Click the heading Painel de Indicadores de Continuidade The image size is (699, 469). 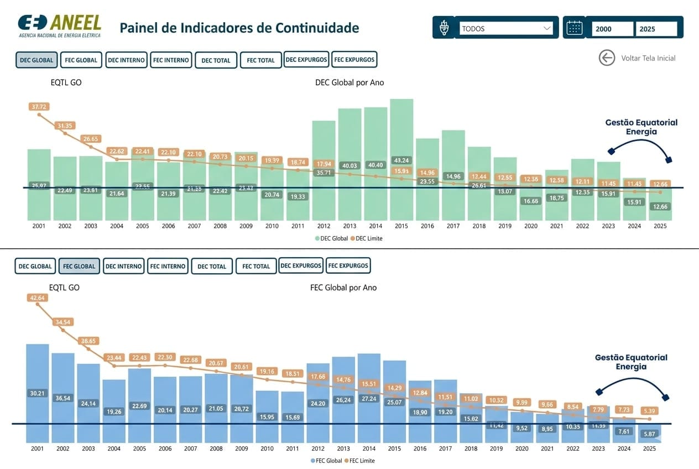[x=239, y=28]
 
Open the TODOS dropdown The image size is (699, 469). [x=506, y=28]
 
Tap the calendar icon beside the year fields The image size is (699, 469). [x=575, y=28]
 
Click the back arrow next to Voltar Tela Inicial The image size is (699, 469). [x=607, y=58]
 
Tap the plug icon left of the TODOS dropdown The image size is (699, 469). [x=444, y=28]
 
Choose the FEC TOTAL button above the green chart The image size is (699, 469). [x=260, y=60]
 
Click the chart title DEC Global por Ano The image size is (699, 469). [x=349, y=82]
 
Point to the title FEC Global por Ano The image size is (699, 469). [x=343, y=288]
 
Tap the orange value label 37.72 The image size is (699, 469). [x=39, y=107]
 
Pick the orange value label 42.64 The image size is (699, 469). [x=37, y=298]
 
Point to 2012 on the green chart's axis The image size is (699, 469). [x=324, y=226]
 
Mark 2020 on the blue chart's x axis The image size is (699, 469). [x=522, y=449]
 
